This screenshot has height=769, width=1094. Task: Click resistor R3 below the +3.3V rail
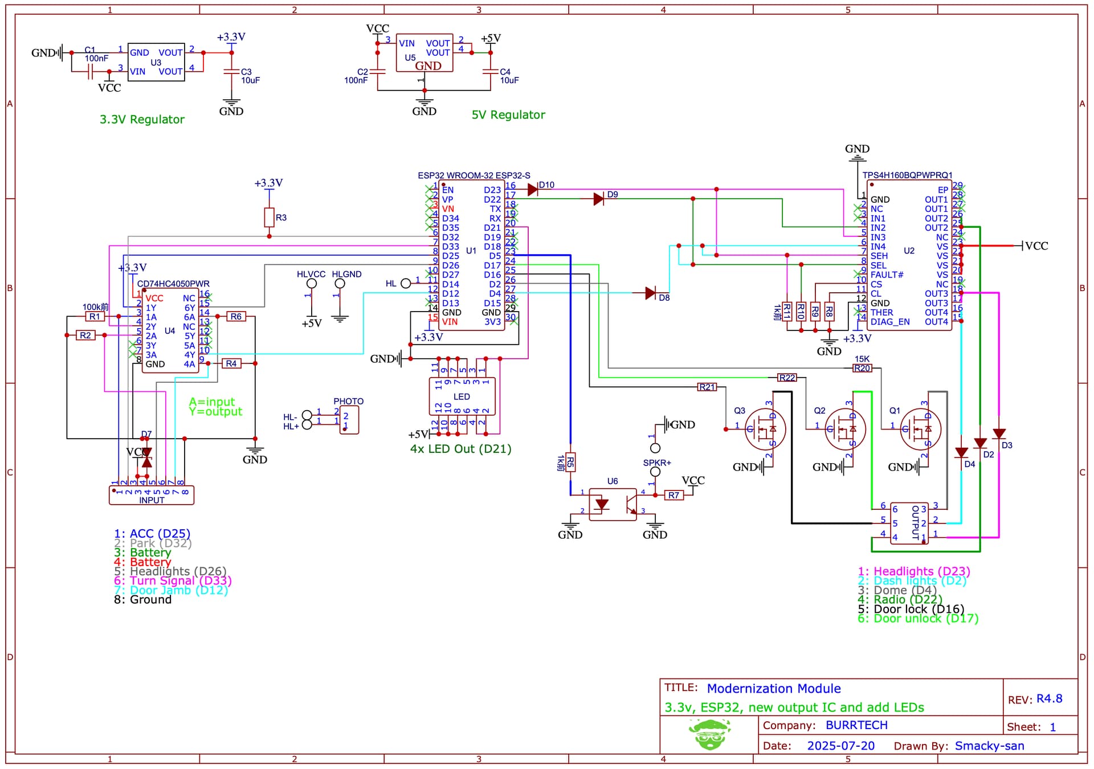click(270, 218)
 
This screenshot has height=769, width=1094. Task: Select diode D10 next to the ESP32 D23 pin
click(533, 190)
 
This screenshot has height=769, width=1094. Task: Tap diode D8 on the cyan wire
click(650, 293)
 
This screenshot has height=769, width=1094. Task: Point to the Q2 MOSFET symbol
click(845, 430)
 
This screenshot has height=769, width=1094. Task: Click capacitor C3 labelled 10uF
click(231, 72)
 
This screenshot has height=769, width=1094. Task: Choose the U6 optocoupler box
click(613, 504)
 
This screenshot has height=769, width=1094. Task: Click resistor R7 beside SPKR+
click(674, 495)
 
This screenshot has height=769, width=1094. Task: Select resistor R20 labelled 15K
click(862, 369)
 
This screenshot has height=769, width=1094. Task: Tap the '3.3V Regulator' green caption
click(142, 120)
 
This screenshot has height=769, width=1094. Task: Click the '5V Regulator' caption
click(508, 115)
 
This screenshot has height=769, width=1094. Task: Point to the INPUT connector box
click(152, 495)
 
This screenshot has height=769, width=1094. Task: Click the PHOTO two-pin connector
click(349, 420)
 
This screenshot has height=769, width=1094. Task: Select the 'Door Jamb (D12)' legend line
click(171, 590)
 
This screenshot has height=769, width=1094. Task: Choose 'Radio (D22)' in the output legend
click(900, 599)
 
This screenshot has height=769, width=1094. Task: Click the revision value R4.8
click(1049, 698)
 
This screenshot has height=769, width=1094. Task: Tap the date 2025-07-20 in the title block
click(840, 746)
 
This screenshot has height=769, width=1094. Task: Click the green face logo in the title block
click(709, 734)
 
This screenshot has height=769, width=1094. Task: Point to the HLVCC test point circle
click(312, 284)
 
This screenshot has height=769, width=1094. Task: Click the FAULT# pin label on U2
click(887, 275)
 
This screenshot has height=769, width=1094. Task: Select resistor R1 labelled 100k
click(95, 317)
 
